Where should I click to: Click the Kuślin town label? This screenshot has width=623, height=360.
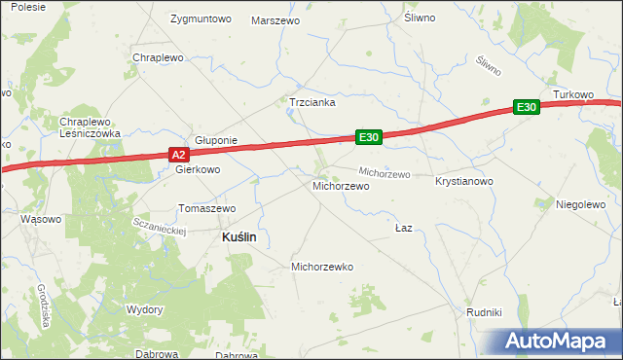[233, 236]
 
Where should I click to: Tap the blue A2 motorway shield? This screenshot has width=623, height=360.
[178, 155]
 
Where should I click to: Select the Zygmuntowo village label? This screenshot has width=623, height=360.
[200, 19]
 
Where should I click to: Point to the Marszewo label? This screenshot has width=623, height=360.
[275, 20]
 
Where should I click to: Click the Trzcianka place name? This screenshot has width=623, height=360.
[311, 101]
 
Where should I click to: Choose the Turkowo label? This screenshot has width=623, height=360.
[573, 94]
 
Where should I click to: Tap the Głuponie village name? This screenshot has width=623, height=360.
[216, 140]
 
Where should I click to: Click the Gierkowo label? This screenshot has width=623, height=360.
[198, 168]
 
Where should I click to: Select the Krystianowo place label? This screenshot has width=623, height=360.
[465, 182]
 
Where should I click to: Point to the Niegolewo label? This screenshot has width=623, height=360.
[581, 204]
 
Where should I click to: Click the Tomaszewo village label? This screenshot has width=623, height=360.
[207, 208]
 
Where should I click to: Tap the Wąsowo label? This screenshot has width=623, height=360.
[41, 219]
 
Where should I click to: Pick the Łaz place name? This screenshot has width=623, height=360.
[404, 228]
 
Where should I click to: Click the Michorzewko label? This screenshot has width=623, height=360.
[322, 267]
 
